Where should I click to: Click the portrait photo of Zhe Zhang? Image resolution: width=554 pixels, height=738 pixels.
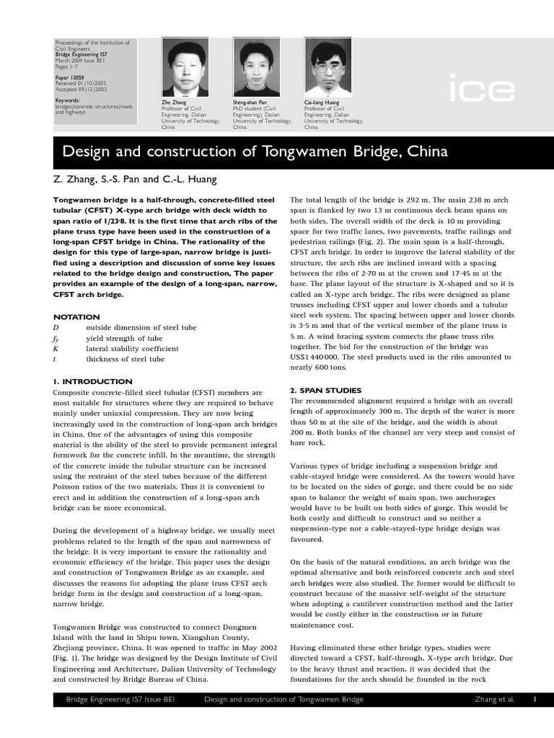(185, 68)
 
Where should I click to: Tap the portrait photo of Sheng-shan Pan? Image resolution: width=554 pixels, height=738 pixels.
(255, 68)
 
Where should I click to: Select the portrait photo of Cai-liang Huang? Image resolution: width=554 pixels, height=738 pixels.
(327, 68)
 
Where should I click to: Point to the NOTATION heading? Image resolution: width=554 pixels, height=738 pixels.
(76, 317)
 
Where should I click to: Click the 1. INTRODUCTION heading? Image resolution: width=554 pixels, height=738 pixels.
(93, 381)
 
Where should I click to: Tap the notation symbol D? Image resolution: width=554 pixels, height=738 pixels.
(56, 328)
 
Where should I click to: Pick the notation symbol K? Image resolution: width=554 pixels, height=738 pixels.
(56, 349)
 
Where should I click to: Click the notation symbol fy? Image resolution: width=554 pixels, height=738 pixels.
(56, 338)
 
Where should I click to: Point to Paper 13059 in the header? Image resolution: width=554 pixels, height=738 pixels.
(70, 76)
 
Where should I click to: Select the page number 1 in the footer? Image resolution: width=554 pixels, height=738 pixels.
(535, 699)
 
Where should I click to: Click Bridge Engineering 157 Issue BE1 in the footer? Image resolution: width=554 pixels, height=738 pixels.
(120, 699)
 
